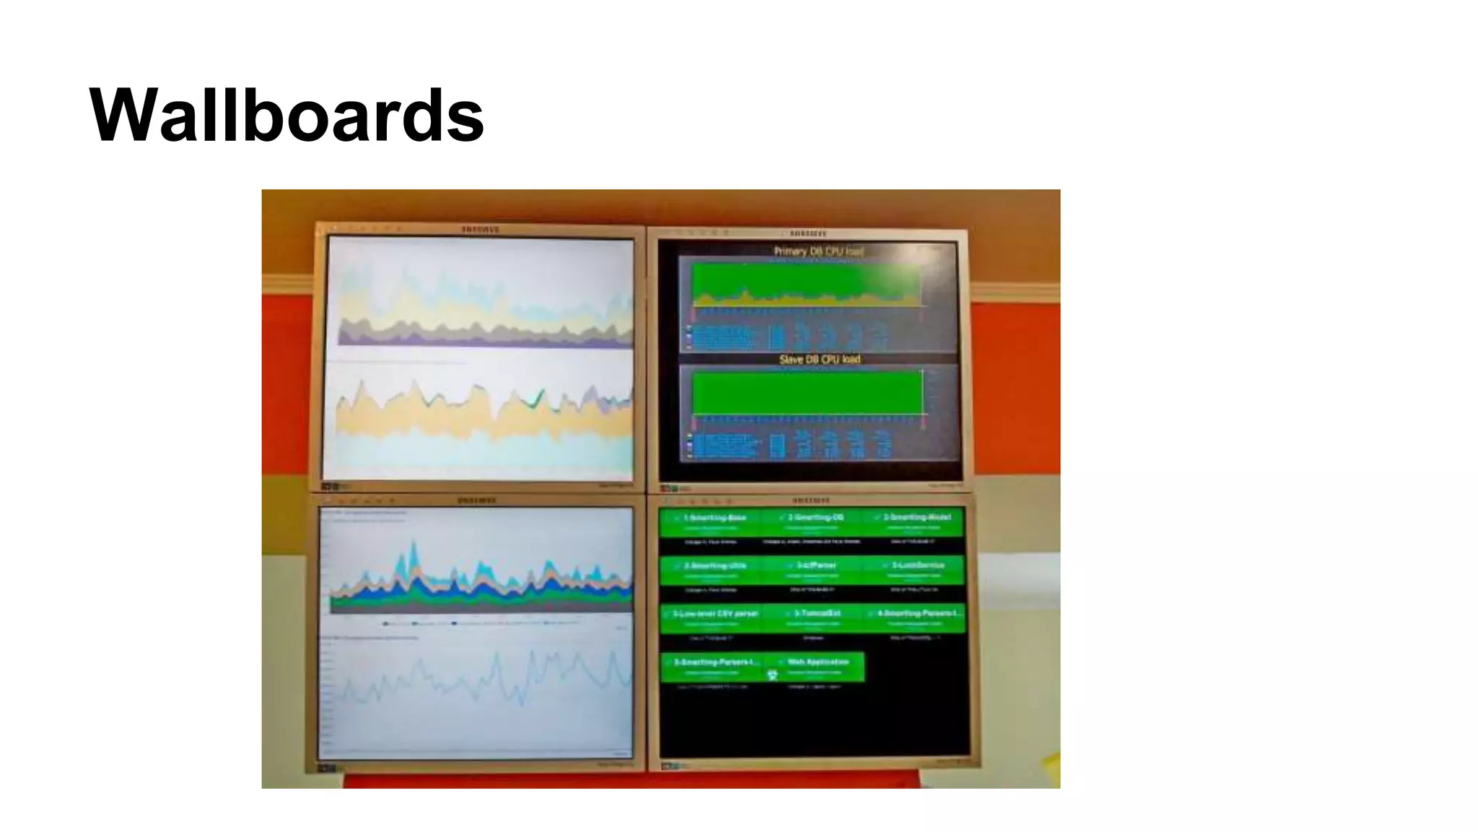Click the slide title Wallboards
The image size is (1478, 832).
click(x=287, y=116)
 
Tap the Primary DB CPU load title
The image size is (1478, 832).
click(x=818, y=251)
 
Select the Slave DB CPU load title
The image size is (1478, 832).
click(x=819, y=359)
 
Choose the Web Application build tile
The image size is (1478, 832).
click(x=818, y=666)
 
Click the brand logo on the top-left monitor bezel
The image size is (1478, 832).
click(x=480, y=230)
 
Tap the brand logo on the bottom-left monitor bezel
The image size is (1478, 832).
click(x=476, y=500)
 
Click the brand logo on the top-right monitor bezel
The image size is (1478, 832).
click(x=808, y=233)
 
